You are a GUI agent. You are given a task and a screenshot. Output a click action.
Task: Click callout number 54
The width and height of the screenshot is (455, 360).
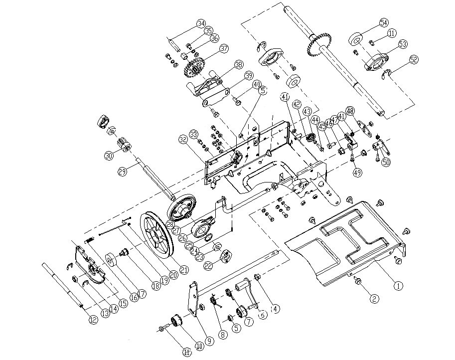383,23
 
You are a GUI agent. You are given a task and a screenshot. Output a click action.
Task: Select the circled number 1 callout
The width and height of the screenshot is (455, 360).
398,286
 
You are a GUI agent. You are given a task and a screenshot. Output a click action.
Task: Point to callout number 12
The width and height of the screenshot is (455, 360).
91,320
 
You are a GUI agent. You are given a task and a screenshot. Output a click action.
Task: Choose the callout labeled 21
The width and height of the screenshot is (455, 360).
185,269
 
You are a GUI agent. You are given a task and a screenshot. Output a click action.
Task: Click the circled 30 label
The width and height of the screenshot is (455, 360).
109,156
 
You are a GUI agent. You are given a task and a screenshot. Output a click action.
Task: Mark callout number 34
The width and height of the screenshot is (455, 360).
201,23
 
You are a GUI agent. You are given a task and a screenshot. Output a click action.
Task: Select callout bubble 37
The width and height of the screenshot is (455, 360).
224,49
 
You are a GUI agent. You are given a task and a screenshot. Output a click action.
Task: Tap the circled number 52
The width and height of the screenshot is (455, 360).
414,59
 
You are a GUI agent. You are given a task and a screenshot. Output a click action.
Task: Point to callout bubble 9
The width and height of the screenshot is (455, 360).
210,341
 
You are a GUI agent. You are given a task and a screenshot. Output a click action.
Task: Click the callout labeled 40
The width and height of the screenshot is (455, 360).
256,84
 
